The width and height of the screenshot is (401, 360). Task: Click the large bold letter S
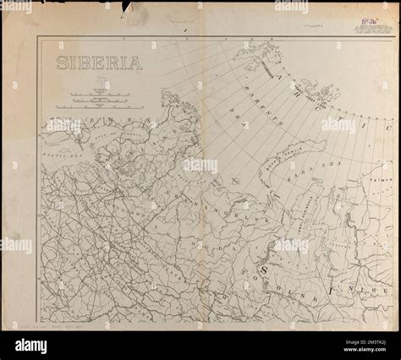(x=264, y=268)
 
